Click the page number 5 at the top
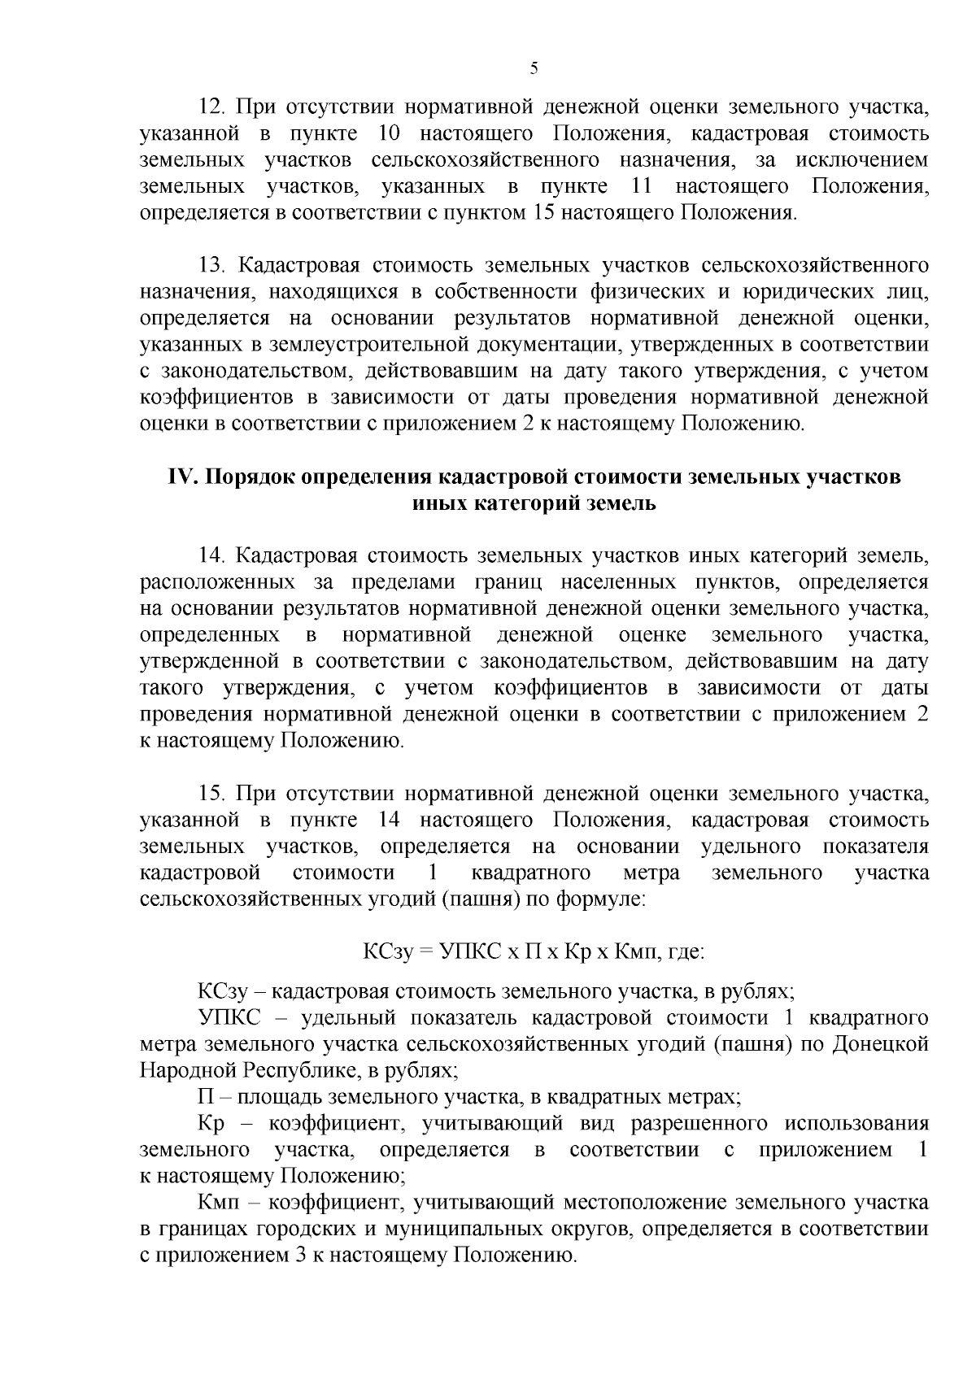pos(534,68)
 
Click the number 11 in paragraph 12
pos(643,186)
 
